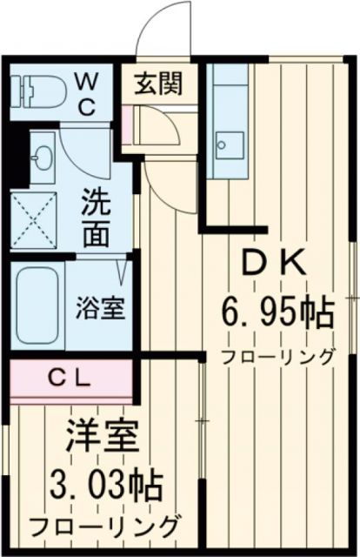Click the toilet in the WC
[39, 90]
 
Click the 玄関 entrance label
[158, 84]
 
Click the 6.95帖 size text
[276, 312]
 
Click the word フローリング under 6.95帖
[277, 355]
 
